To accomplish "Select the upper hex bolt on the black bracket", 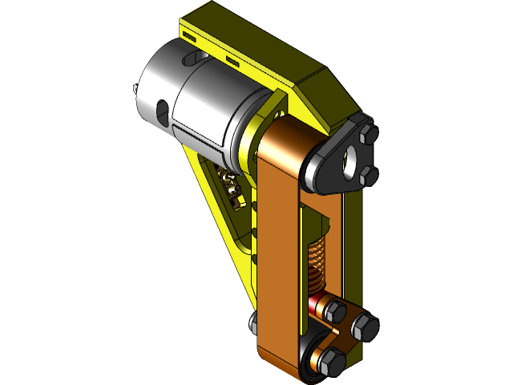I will click(x=367, y=136).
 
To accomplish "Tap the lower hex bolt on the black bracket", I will click(x=367, y=173).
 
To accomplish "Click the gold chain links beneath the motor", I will click(x=232, y=190).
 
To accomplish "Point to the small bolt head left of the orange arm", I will click(x=252, y=323).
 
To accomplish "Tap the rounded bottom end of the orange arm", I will click(x=281, y=361).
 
